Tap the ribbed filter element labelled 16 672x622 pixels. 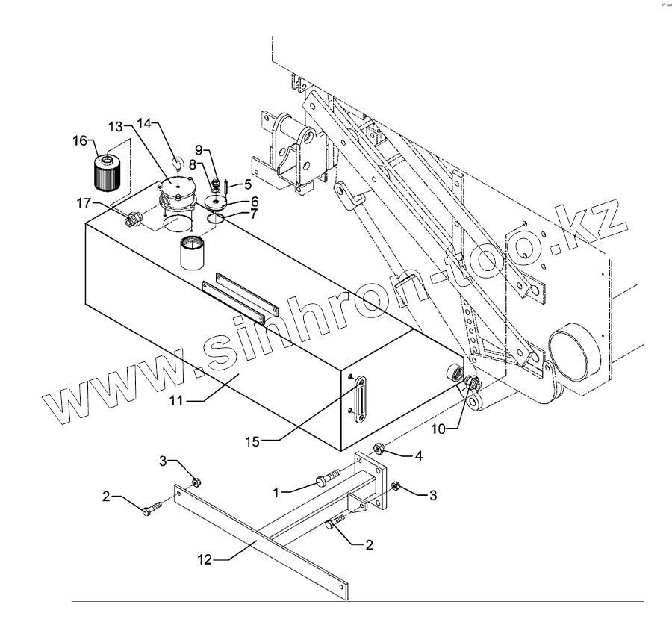[108, 172]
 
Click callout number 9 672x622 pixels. [199, 149]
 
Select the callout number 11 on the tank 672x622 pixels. [175, 402]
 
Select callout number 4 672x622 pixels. [419, 454]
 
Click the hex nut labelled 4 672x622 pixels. [379, 450]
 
